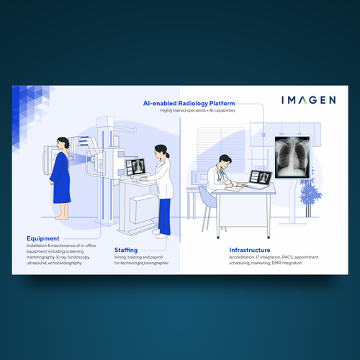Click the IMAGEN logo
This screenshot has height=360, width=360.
[x=307, y=100]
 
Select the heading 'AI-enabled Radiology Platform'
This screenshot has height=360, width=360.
[x=189, y=104]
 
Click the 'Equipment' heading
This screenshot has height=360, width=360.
[x=43, y=238]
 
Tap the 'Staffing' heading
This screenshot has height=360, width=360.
[x=127, y=250]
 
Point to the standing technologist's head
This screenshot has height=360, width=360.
[x=160, y=152]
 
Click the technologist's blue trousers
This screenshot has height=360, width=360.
[x=164, y=215]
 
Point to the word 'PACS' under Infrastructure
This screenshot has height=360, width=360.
[x=278, y=258]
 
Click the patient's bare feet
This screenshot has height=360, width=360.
[x=63, y=217]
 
